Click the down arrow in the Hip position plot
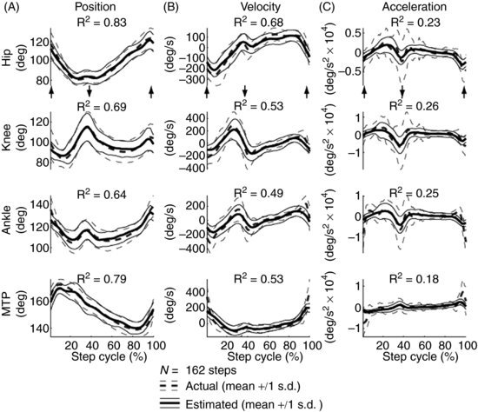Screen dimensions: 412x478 [90, 91]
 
